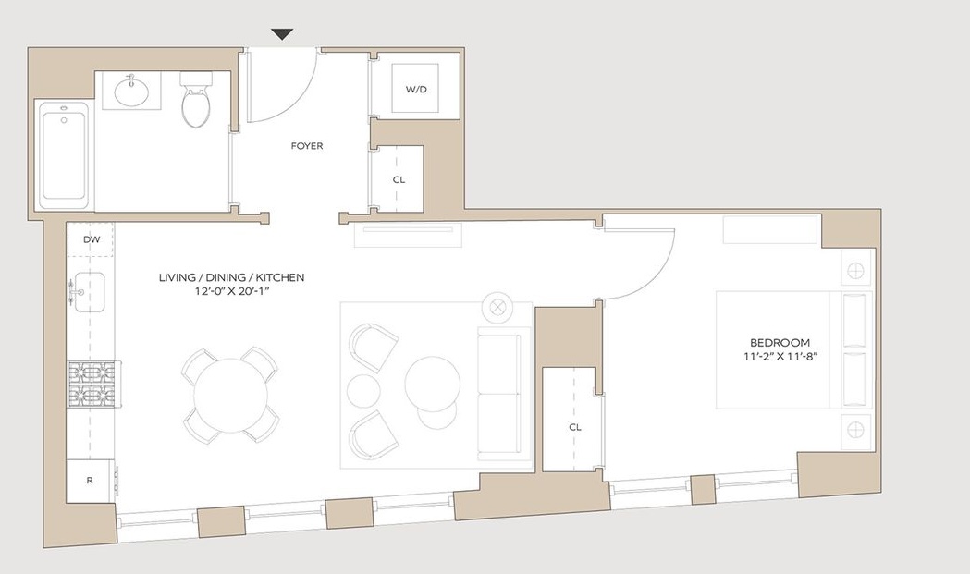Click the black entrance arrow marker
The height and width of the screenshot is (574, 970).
282,34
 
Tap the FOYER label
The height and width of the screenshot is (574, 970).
307,146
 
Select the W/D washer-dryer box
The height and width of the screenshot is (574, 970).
416,89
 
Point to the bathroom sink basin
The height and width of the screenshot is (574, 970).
131,91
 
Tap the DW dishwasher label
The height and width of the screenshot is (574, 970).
92,239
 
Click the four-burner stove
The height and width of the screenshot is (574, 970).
92,385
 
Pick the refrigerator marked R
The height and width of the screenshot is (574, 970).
91,481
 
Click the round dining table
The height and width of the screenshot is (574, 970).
231,396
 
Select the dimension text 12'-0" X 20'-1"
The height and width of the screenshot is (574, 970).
231,293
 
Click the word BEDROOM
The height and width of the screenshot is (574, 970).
780,343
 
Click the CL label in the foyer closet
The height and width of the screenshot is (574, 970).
399,179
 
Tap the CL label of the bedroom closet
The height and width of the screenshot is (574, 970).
575,427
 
